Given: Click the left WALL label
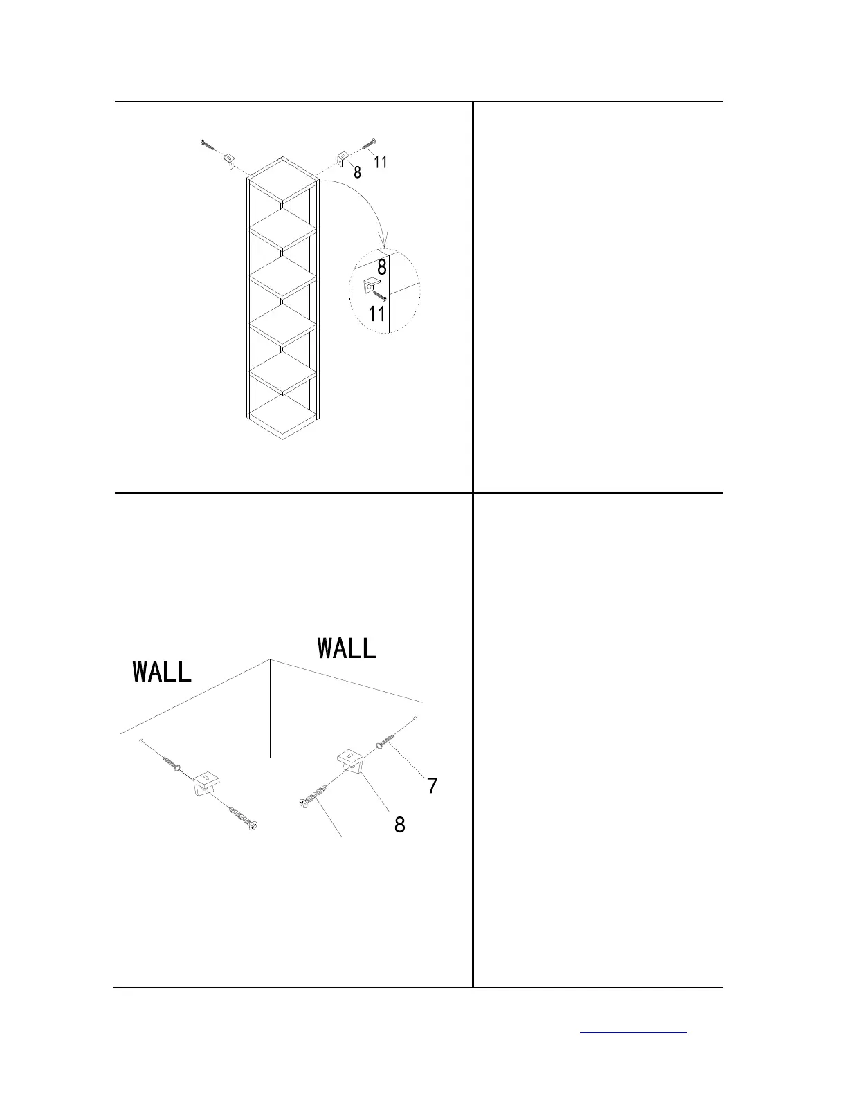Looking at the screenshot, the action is point(162,672).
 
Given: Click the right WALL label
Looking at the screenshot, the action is point(347,648).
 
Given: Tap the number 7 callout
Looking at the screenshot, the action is point(432,786).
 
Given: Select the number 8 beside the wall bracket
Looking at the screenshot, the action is point(399,825).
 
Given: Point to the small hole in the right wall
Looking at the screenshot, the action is point(415,719).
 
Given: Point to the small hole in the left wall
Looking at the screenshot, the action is point(141,741).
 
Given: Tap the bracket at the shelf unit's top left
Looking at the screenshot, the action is point(229,161).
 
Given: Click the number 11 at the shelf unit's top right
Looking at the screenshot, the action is point(380,162).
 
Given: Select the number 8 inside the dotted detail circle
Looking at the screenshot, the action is point(381,267).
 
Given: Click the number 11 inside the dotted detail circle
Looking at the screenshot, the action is point(376,313).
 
